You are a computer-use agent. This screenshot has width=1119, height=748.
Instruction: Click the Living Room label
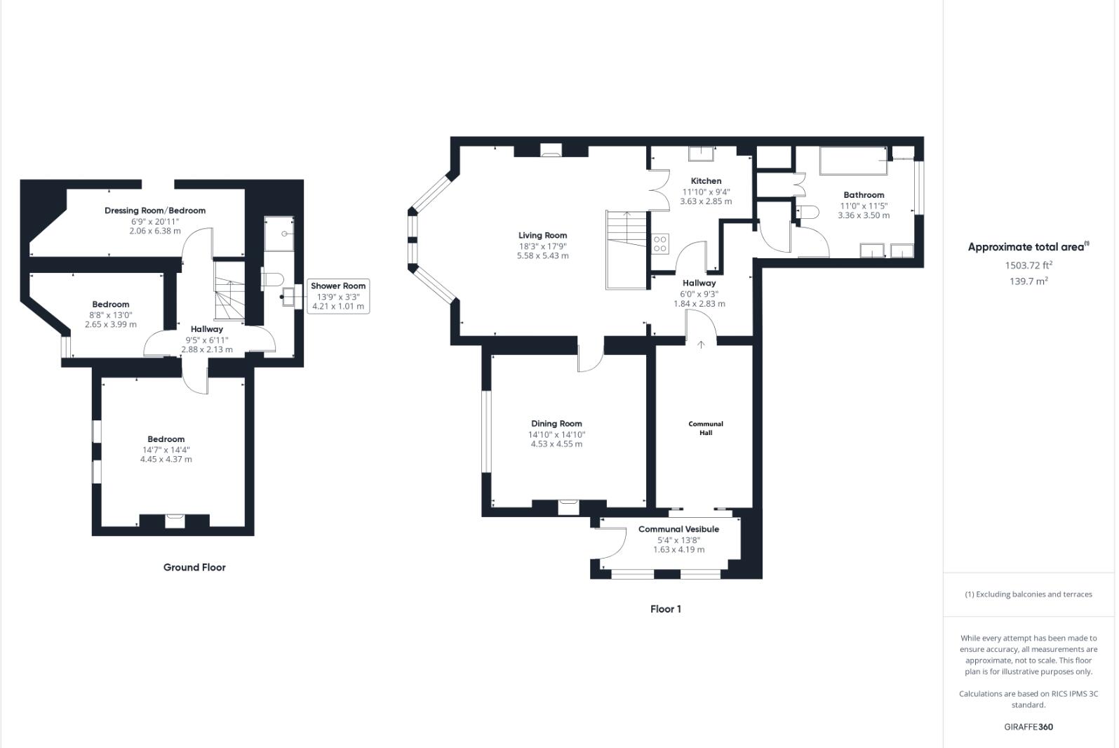(542, 236)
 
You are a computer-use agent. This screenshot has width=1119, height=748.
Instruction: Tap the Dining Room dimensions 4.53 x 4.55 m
(556, 444)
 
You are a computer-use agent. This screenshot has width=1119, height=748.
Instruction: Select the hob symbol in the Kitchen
(660, 244)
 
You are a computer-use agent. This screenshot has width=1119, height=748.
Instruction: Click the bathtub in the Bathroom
(853, 161)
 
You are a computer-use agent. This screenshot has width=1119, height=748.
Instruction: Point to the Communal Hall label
(705, 428)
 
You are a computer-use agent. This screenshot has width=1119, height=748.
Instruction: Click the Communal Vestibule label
(678, 529)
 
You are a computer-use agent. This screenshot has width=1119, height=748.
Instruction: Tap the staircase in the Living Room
(626, 249)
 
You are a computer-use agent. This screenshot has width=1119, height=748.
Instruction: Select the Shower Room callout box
(338, 296)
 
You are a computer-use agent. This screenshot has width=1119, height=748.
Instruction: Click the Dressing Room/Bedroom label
(155, 211)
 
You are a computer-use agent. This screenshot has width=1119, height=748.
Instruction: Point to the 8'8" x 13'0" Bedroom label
(111, 305)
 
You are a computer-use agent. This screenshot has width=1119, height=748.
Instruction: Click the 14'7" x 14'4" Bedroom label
(166, 439)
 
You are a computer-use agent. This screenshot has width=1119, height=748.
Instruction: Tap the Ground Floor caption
(194, 568)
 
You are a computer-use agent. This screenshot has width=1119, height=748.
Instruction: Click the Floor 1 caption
(665, 609)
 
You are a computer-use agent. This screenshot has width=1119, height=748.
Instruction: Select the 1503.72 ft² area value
(1028, 265)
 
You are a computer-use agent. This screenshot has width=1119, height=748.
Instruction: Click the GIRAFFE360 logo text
(1028, 727)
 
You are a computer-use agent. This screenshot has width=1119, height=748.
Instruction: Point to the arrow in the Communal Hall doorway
(700, 344)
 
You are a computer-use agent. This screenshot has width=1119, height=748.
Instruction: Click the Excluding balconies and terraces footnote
(1028, 594)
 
